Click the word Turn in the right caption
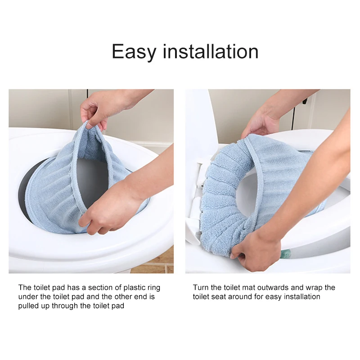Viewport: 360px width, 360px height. pos(201,288)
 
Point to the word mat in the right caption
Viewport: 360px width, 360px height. pos(250,288)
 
